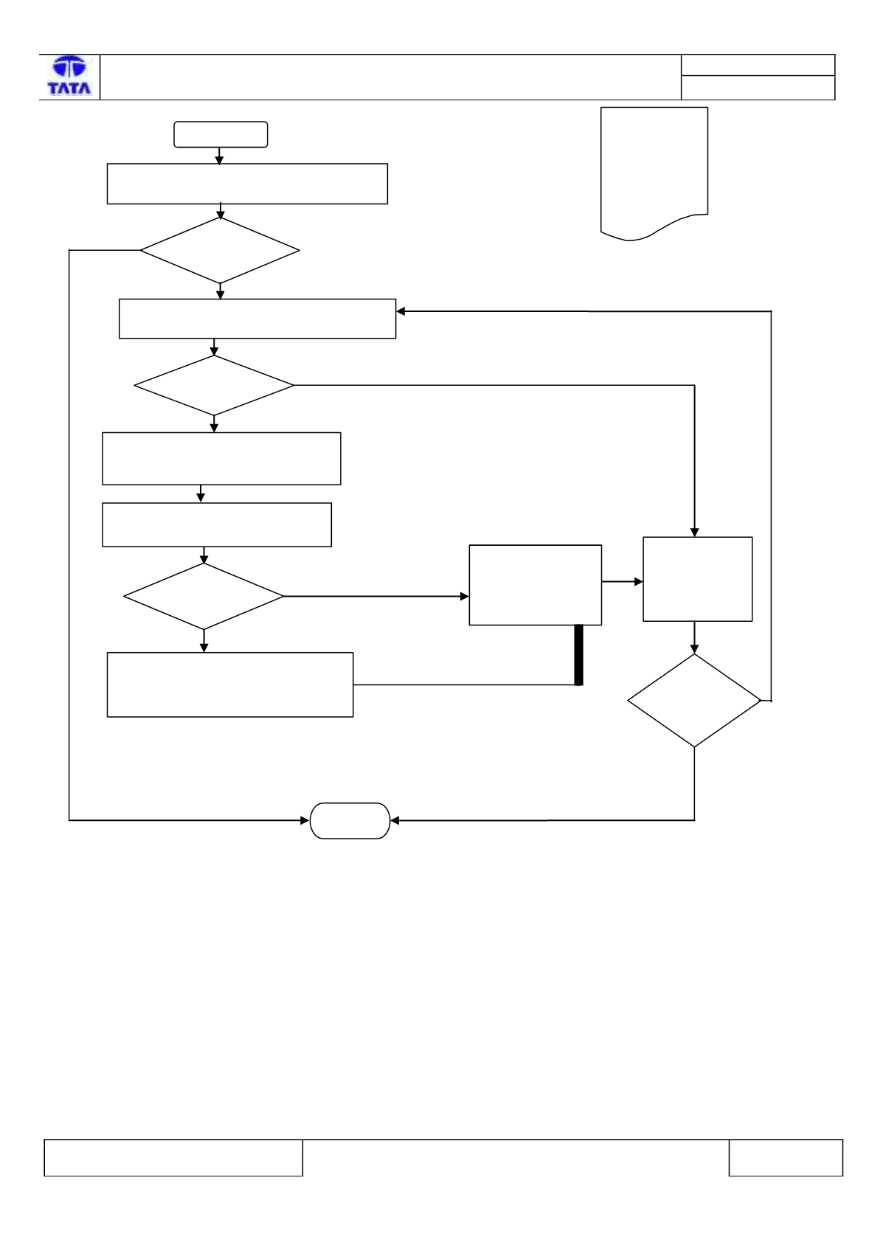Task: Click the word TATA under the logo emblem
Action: click(69, 88)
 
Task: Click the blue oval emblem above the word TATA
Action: click(69, 67)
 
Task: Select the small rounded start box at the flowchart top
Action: click(221, 134)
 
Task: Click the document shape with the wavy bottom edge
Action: click(654, 173)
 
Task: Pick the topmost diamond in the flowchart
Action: click(220, 250)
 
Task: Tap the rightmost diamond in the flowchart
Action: click(694, 700)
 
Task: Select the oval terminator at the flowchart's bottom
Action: click(350, 821)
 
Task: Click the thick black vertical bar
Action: click(579, 655)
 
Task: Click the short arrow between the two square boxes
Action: click(623, 582)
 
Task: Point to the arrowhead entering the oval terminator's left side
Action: click(305, 820)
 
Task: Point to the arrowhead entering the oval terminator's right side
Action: click(395, 820)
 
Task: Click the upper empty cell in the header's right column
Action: click(758, 65)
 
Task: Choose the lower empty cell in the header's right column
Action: click(758, 88)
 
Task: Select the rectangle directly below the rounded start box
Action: click(247, 184)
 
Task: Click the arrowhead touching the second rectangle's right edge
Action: click(401, 311)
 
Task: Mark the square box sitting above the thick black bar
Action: click(536, 585)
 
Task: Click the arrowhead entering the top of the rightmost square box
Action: click(694, 533)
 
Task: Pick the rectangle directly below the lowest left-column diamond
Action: click(230, 684)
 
